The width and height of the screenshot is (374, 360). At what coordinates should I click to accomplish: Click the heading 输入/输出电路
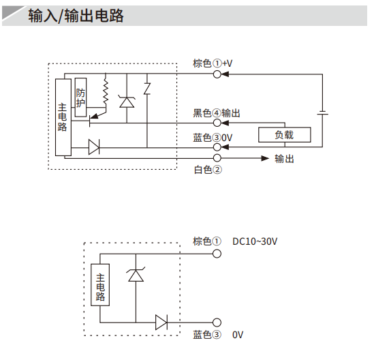coord(76,16)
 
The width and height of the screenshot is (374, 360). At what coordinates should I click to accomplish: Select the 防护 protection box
coord(80,97)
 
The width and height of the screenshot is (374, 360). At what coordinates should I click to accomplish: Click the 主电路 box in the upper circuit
coord(63,117)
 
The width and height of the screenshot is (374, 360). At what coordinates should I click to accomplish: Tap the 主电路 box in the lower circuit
coord(100,285)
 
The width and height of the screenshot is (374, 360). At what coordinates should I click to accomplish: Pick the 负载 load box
coord(285,135)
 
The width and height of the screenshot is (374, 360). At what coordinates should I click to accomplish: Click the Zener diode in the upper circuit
coord(127,102)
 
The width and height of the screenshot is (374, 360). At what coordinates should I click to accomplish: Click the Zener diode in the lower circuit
coord(136,275)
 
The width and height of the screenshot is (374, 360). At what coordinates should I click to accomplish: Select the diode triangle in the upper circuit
coord(94,147)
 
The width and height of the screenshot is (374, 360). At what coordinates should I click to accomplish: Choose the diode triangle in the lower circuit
coord(161,322)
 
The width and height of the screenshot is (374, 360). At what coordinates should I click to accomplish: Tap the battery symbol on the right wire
coord(322,112)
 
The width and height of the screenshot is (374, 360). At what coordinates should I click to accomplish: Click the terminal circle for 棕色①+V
coord(217,74)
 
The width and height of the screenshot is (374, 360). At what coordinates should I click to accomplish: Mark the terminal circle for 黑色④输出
coord(217,123)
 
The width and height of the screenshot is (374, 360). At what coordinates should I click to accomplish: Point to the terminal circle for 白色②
coord(217,158)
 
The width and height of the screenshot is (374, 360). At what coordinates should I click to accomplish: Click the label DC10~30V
coord(255,241)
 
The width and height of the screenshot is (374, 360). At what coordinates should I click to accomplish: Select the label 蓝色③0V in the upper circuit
coord(213,138)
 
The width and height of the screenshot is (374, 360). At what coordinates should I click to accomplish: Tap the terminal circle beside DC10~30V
coord(217,254)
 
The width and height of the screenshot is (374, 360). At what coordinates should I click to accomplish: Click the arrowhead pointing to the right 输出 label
coord(265,158)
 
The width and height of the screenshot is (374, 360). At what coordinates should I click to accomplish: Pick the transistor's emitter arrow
coord(95,116)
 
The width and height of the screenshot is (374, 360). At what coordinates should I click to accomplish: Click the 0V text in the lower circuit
coord(238,335)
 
